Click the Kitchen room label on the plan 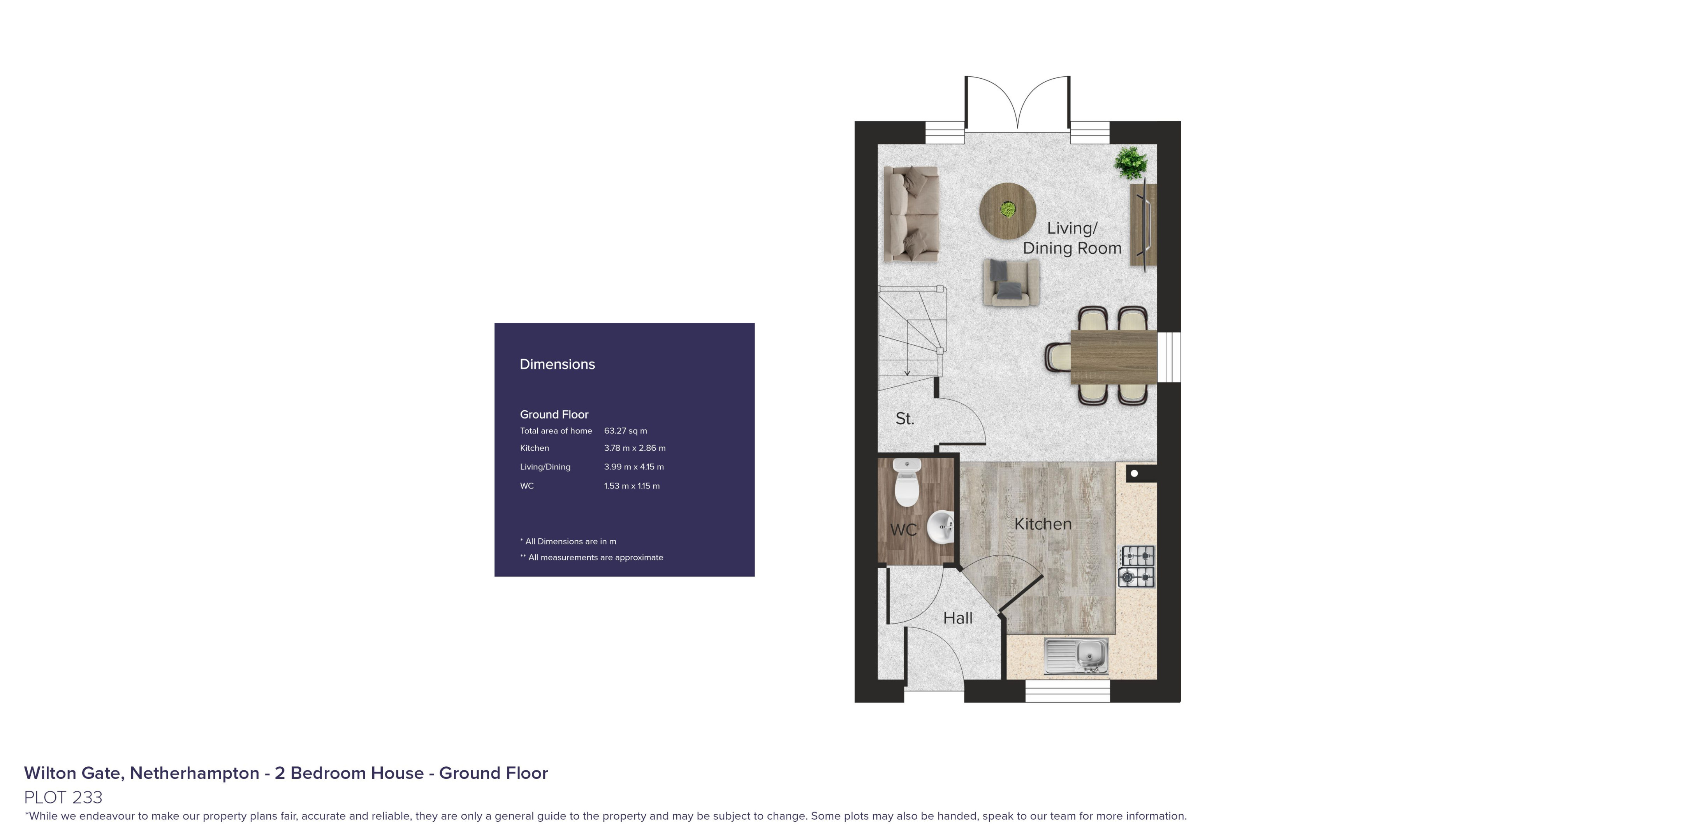1043,524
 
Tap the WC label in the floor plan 904,529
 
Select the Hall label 958,618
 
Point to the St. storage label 905,418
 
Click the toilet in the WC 906,483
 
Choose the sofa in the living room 911,214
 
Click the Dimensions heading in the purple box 557,364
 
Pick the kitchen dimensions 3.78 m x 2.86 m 635,448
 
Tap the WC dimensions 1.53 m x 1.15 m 632,486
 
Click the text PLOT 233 63,797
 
